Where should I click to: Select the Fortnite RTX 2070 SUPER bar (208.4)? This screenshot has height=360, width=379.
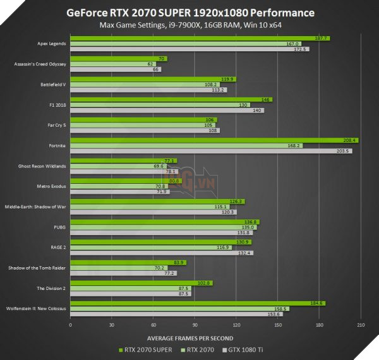point(215,140)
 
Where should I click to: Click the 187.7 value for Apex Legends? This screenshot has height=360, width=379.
point(323,39)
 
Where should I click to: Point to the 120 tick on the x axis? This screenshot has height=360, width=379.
point(236,325)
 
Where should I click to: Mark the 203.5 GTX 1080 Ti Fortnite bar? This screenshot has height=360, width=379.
point(211,151)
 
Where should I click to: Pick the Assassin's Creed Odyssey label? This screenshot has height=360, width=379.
point(41,64)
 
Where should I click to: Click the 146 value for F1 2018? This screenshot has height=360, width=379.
point(267,100)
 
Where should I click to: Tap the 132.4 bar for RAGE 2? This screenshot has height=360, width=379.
point(162,253)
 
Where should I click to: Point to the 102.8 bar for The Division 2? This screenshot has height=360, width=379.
point(141,283)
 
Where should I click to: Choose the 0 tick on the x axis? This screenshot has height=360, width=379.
point(70,325)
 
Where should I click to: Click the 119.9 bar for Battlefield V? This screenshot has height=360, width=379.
point(153,79)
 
